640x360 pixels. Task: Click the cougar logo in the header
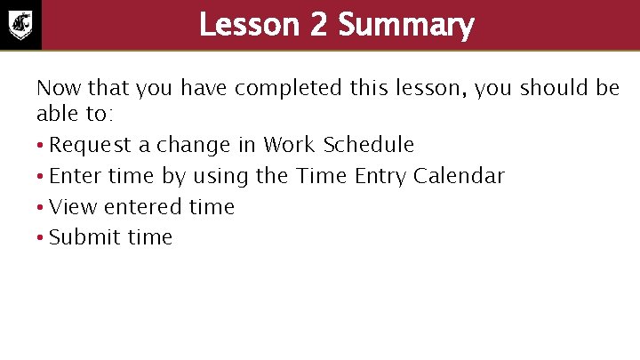pos(20,24)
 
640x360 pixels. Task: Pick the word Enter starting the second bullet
pos(76,176)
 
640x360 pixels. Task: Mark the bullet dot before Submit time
pos(41,238)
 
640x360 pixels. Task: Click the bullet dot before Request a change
pos(41,146)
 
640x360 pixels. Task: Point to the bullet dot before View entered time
pos(41,208)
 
